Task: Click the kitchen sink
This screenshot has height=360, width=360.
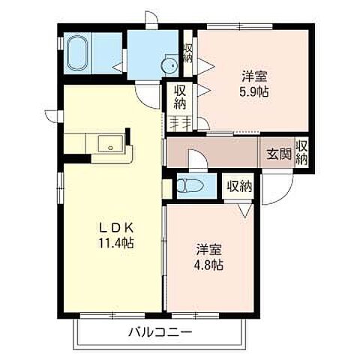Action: click(x=110, y=145)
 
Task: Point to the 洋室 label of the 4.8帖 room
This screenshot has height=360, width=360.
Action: click(x=209, y=249)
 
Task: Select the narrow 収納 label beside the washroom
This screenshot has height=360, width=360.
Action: click(x=188, y=53)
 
